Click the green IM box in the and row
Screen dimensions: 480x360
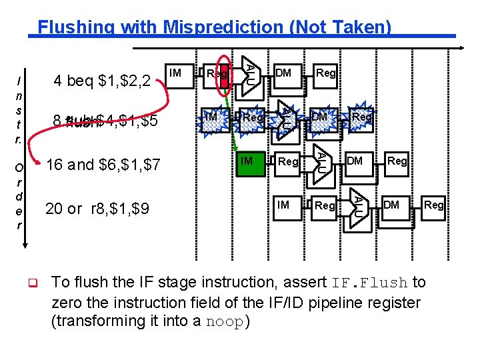click(x=246, y=161)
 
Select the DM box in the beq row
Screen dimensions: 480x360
click(x=283, y=72)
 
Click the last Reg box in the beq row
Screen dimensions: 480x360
click(x=325, y=72)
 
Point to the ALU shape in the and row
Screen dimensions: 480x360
click(x=321, y=161)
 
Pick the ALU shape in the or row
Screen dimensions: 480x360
click(x=358, y=205)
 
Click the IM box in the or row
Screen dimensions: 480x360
click(x=283, y=205)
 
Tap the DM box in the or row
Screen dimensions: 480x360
click(x=392, y=205)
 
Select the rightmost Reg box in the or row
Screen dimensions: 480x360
click(x=434, y=205)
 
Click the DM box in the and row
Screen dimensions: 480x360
click(x=355, y=161)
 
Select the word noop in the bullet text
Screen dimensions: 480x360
click(x=225, y=321)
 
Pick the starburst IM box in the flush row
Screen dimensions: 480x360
click(x=211, y=118)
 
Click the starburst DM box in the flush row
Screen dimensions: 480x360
click(x=319, y=118)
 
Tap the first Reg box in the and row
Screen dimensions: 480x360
click(x=288, y=162)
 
